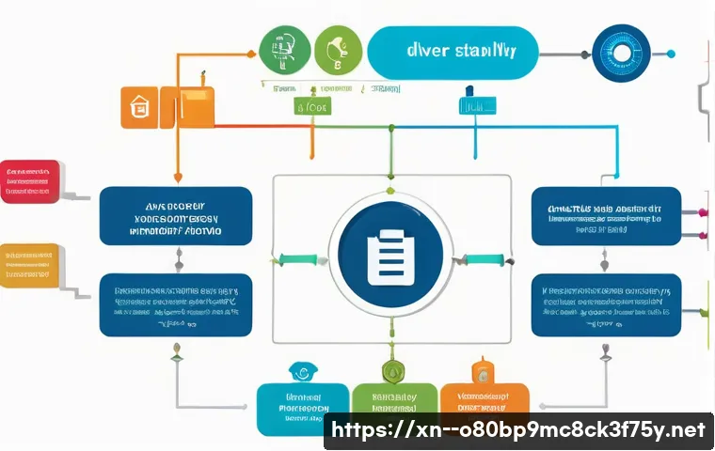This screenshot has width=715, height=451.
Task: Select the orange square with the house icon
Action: [139, 107]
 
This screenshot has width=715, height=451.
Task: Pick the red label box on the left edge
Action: [29, 181]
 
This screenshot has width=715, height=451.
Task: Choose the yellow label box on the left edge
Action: [29, 265]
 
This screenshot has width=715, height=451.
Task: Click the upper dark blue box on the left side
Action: [176, 216]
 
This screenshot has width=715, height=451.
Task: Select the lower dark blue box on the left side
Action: [176, 304]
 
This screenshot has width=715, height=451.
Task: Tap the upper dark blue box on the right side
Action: [606, 216]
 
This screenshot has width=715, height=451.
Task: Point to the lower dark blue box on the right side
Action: [606, 304]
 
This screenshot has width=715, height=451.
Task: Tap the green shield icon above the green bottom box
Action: [393, 372]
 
